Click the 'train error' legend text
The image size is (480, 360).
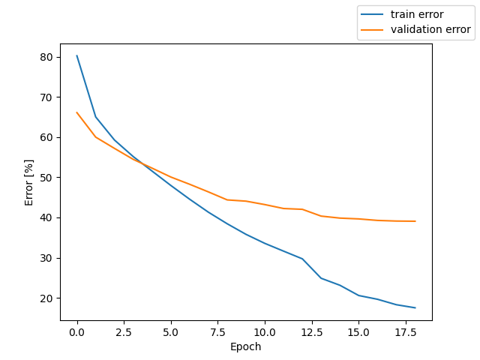416,14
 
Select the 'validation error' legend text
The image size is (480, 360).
430,30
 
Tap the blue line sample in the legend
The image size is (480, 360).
373,14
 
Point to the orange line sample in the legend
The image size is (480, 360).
373,30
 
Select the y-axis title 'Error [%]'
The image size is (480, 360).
29,182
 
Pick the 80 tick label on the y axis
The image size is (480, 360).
47,57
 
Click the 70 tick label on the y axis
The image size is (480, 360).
47,97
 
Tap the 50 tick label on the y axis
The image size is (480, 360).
47,178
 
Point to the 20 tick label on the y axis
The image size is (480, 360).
47,298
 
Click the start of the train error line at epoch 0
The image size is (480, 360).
77,55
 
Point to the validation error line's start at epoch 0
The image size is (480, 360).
77,112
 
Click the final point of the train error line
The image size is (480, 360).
415,307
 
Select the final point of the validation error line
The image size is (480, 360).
415,221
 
